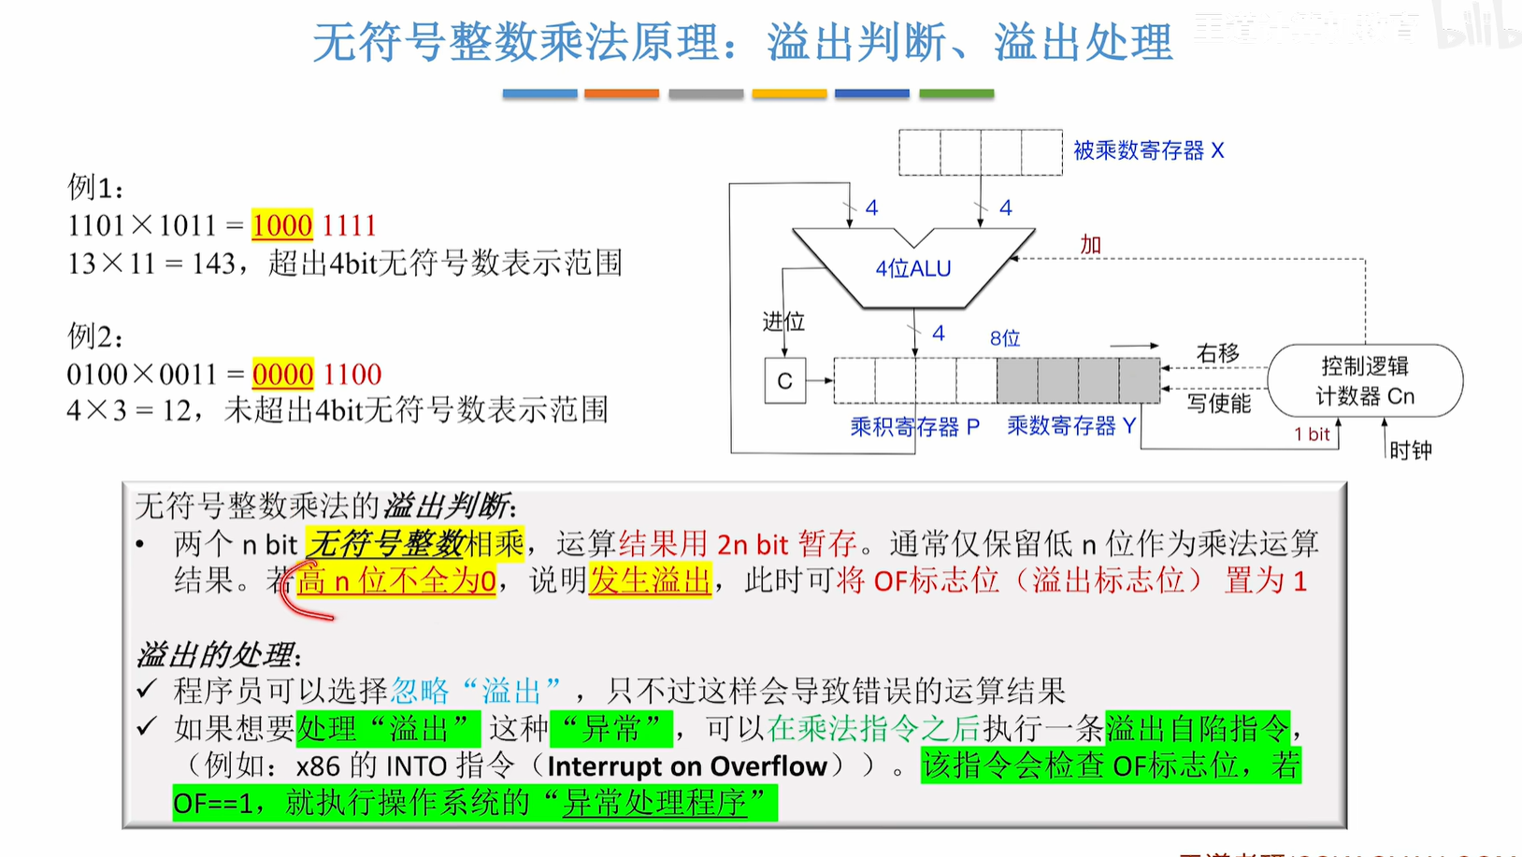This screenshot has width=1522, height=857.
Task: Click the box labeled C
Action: (x=784, y=380)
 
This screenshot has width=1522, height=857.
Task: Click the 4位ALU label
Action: (x=912, y=268)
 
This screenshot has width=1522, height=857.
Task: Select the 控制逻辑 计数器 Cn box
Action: (x=1364, y=380)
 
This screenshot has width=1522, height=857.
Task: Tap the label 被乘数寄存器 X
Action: (x=1148, y=150)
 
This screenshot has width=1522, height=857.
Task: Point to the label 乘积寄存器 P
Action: (x=914, y=427)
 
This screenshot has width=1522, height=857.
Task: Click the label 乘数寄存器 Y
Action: (x=1071, y=426)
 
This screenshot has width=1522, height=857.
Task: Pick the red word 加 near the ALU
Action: (x=1090, y=245)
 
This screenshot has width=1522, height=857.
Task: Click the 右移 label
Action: (x=1217, y=353)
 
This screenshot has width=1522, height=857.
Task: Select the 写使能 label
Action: (x=1218, y=403)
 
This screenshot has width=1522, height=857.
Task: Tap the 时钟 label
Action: (x=1410, y=450)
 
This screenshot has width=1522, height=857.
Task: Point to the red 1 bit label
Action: (x=1311, y=434)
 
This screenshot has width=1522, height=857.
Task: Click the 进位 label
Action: (x=783, y=321)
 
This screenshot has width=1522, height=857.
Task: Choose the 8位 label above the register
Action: (x=1004, y=337)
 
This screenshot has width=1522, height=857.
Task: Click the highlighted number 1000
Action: (x=281, y=225)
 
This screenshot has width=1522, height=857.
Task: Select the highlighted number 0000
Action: (x=282, y=374)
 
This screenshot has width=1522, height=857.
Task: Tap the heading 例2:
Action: (x=94, y=336)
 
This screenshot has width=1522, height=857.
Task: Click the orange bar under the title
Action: (x=621, y=93)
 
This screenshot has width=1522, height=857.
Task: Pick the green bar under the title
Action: (x=955, y=93)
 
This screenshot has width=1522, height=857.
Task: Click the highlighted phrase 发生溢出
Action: (x=650, y=580)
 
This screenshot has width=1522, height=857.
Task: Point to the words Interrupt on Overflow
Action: (x=687, y=766)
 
